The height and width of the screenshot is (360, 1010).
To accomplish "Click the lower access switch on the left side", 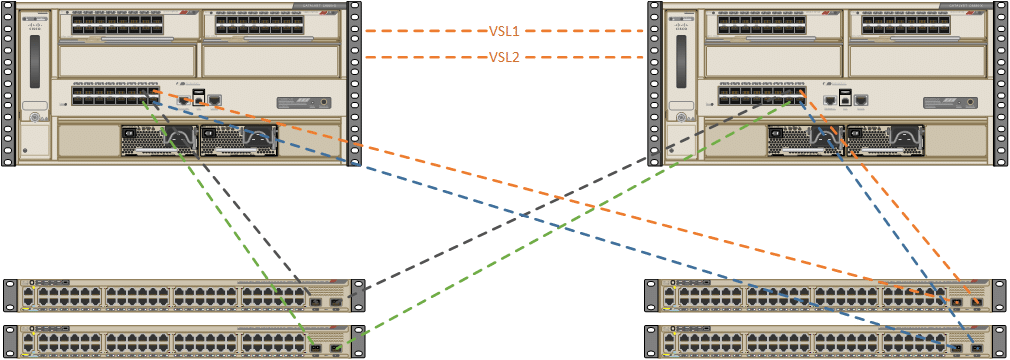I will pos(180,341).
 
